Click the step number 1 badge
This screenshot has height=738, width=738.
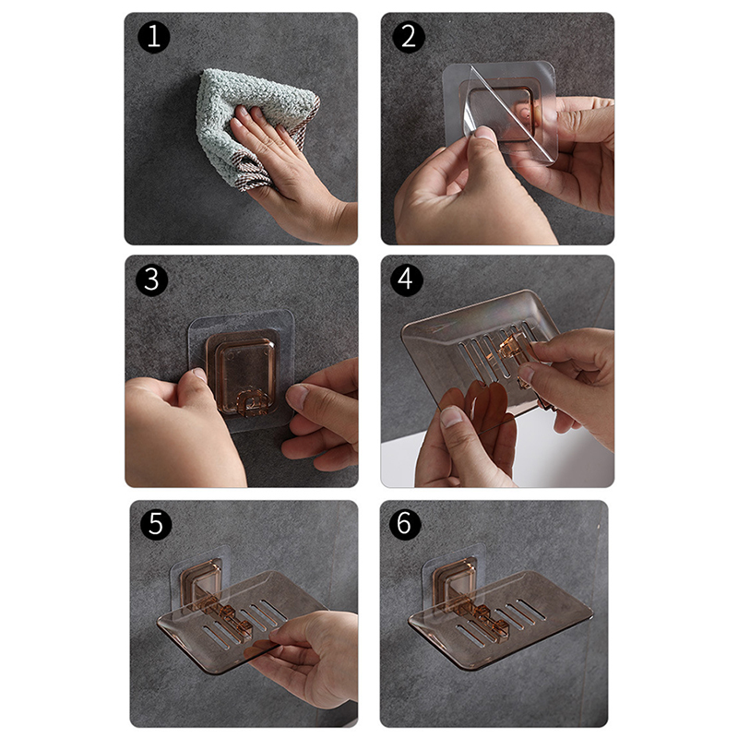154,37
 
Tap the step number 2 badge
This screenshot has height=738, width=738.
409,37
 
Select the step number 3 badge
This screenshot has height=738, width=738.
151,280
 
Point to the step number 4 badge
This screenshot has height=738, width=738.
406,280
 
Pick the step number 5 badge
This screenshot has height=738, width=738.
156,523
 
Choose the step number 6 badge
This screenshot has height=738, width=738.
405,523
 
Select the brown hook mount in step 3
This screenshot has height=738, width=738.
242,372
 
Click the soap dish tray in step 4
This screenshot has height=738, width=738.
475,358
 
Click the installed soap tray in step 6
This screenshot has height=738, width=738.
501,616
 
